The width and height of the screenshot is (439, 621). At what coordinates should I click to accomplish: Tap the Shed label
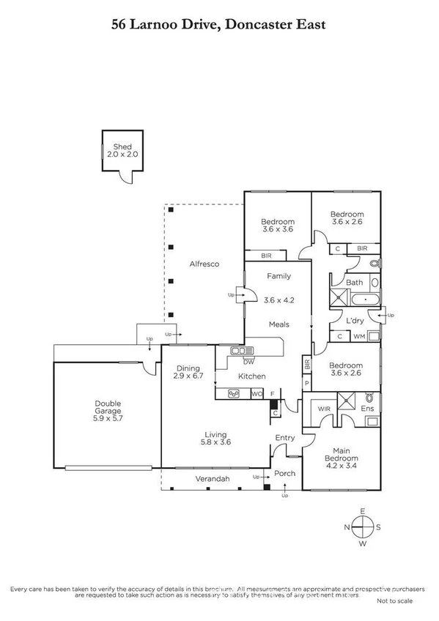click(120, 146)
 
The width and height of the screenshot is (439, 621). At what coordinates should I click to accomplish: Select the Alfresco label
click(204, 264)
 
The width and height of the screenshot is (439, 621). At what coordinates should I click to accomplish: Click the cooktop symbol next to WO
click(235, 394)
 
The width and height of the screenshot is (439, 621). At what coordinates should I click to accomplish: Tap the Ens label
click(368, 409)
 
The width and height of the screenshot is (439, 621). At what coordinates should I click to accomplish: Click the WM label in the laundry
click(359, 336)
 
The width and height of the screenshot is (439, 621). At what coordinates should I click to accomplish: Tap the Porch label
click(284, 473)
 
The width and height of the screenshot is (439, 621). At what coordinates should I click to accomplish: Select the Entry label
click(284, 438)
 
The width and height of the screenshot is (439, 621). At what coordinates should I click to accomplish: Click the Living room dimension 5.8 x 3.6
click(215, 442)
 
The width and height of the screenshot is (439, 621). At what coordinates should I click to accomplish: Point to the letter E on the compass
click(361, 511)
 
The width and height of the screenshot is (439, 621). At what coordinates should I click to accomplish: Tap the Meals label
click(278, 324)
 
